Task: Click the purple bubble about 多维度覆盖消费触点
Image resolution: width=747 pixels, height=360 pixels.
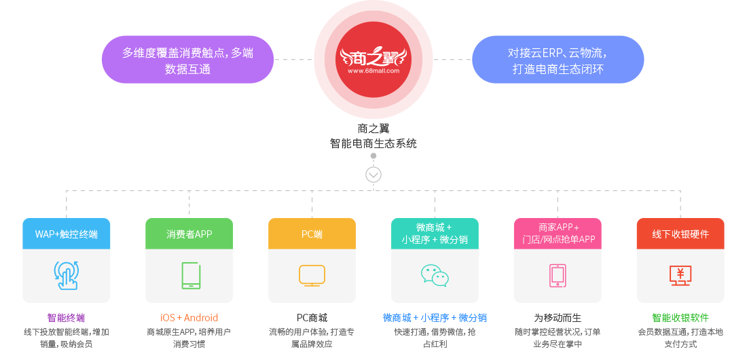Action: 187,60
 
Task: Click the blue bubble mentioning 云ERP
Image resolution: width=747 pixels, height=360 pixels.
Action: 558,60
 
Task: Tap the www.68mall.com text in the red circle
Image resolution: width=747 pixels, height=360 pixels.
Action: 373,70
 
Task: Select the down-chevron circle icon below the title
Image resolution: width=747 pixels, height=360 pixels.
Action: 373,175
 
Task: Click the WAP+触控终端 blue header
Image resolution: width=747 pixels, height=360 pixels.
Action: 66,234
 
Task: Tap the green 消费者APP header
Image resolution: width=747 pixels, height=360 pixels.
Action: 189,234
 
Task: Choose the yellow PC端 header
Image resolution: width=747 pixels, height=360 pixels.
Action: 312,234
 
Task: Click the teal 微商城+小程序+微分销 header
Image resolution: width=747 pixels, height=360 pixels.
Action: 435,233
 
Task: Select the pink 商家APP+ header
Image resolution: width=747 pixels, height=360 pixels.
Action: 558,233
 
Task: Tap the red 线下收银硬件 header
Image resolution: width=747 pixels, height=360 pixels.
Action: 680,234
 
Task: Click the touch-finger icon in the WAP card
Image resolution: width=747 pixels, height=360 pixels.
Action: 66,275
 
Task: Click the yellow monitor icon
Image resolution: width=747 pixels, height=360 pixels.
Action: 312,274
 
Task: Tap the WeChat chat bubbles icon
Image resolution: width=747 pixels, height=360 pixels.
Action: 435,275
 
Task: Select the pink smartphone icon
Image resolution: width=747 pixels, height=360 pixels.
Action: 558,275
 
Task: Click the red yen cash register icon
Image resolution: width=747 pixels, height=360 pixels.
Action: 680,274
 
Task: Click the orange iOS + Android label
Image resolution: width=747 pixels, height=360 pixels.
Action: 189,318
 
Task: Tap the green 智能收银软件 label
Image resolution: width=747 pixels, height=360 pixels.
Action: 680,318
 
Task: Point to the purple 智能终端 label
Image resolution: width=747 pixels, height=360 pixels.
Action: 66,318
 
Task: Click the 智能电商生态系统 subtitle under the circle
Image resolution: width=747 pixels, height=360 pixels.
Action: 373,143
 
